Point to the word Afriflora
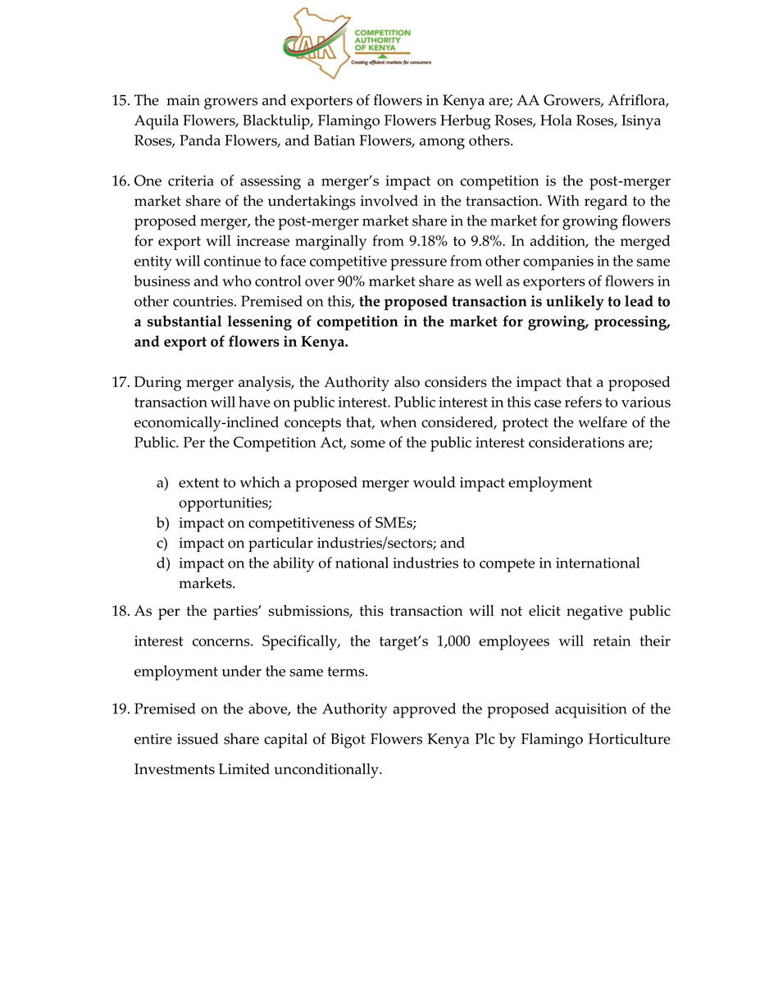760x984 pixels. tap(637, 101)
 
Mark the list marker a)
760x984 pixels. tap(163, 483)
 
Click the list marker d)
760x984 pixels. tap(163, 563)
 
